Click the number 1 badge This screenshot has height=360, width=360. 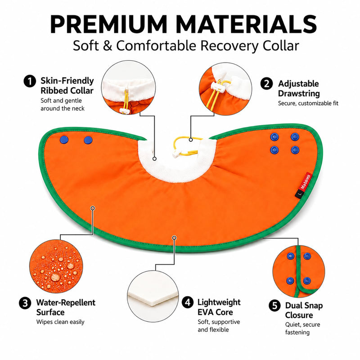[x=30, y=81]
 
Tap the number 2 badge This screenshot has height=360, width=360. [x=266, y=84]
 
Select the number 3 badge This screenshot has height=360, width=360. [x=25, y=303]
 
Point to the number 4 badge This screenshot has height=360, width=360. [x=188, y=302]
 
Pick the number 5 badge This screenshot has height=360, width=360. [x=274, y=306]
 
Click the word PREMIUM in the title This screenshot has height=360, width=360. [x=108, y=24]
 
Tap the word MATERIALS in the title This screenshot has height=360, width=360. [x=247, y=24]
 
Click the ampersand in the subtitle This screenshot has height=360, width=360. [x=108, y=45]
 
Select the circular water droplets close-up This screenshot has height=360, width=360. [x=56, y=266]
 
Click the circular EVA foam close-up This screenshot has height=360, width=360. [x=153, y=296]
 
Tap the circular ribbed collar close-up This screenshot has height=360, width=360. [x=128, y=87]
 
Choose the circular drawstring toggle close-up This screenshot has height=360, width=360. [x=225, y=89]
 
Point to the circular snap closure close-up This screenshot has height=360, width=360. [x=299, y=271]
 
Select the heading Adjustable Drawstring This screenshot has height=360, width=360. [x=299, y=88]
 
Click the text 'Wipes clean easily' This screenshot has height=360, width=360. [x=60, y=322]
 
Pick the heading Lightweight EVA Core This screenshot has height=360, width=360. [x=219, y=307]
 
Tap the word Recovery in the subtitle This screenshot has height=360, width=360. [x=229, y=46]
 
